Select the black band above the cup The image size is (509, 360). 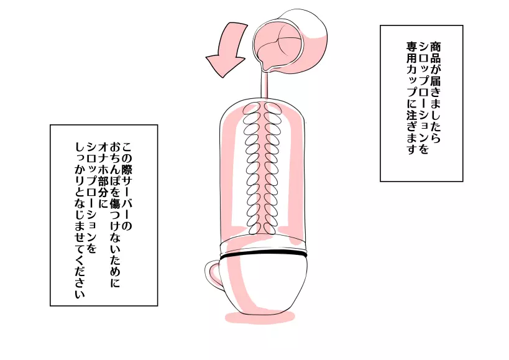pyautogui.click(x=264, y=255)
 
